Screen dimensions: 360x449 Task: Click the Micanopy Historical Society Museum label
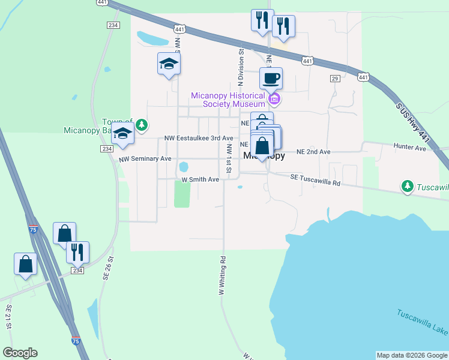point(228,100)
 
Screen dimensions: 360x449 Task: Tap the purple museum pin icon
point(274,98)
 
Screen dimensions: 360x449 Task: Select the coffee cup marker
point(271,78)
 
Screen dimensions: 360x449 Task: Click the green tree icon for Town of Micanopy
point(141,125)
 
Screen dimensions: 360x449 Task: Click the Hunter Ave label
point(409,146)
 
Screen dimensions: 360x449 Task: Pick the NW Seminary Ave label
point(145,159)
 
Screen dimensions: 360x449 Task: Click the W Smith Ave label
point(200,179)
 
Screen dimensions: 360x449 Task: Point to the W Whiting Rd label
point(222,276)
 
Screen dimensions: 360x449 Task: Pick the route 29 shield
point(335,79)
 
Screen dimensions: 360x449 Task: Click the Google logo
point(20,353)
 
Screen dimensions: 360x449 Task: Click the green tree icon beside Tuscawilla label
point(408,187)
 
